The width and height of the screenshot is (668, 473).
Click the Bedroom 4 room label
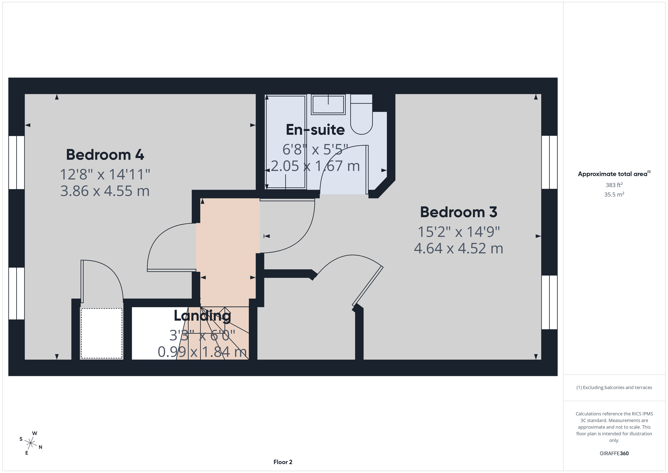click(x=105, y=155)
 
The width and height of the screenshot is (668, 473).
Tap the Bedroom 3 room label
click(x=459, y=212)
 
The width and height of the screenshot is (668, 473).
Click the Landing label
click(x=202, y=316)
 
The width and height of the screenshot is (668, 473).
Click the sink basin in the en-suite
click(x=328, y=104)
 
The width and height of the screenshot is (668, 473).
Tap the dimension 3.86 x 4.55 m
click(x=105, y=191)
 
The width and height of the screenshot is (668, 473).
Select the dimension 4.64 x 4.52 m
click(x=459, y=248)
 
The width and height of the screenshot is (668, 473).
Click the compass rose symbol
click(x=30, y=443)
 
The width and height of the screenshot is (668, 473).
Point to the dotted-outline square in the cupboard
click(x=101, y=333)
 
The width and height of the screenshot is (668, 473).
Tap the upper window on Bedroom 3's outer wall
click(x=549, y=162)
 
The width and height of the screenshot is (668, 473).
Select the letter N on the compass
click(x=41, y=447)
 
